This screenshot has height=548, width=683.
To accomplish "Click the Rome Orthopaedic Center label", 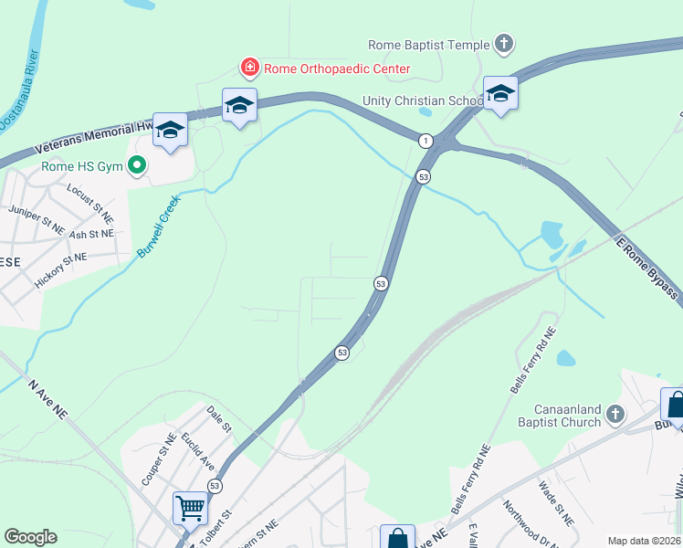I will point(337,68).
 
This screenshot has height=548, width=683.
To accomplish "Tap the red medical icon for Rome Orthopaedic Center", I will point(248,68).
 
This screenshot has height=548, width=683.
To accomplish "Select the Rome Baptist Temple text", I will point(428,44).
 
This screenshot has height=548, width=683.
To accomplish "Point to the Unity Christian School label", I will point(422,100).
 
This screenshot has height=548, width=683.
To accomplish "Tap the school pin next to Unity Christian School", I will point(500,94).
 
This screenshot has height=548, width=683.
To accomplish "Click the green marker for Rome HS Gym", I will point(138,166).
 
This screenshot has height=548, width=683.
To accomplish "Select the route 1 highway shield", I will point(426,140).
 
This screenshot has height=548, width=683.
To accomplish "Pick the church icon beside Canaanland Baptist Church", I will point(615,415).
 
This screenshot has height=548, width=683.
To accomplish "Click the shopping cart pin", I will point(190,506).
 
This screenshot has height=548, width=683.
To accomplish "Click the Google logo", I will point(30,537).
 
